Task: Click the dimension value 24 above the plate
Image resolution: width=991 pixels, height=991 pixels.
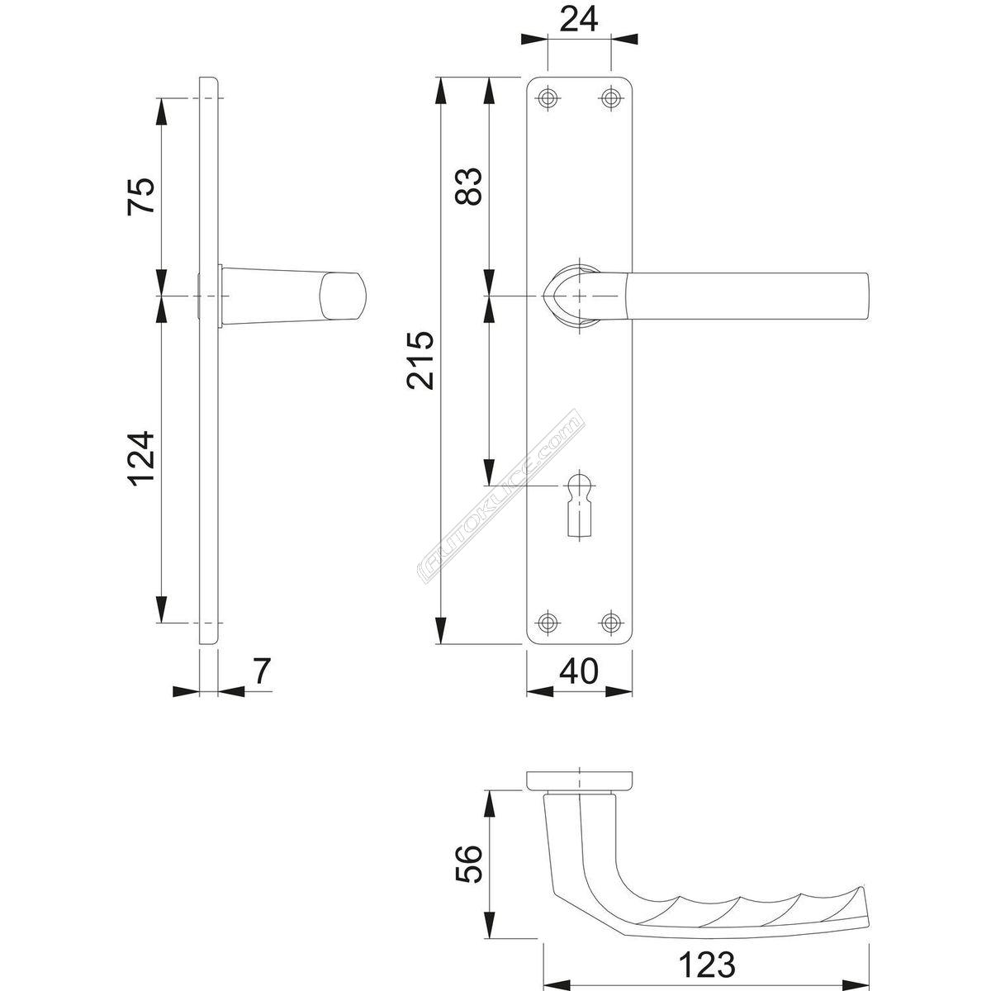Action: click(579, 20)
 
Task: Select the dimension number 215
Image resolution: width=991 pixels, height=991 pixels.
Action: click(420, 360)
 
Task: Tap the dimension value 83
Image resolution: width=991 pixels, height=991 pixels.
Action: click(468, 186)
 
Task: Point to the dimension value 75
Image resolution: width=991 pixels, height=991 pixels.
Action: click(140, 196)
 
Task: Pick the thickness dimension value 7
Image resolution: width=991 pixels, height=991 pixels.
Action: click(261, 671)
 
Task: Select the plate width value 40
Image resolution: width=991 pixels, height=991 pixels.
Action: click(579, 671)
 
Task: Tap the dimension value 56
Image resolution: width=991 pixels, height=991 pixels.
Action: click(468, 864)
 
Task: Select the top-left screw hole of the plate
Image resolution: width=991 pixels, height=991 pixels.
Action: click(548, 97)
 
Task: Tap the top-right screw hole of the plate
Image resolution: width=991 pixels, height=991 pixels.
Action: click(610, 97)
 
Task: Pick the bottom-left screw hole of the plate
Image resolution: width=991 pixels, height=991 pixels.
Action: click(548, 623)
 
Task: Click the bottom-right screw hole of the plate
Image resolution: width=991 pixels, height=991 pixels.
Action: click(610, 623)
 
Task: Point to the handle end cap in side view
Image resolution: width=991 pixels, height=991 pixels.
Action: click(343, 296)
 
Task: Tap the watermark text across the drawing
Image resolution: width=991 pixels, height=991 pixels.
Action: click(500, 497)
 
